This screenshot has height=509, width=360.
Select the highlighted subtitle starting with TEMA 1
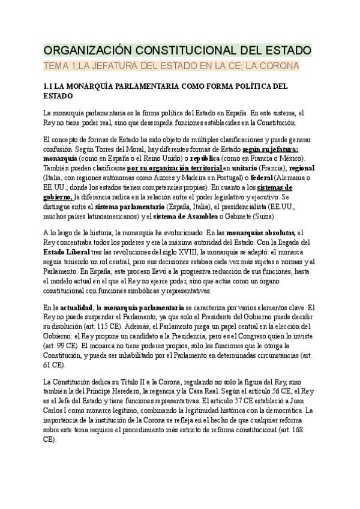click(x=171, y=65)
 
